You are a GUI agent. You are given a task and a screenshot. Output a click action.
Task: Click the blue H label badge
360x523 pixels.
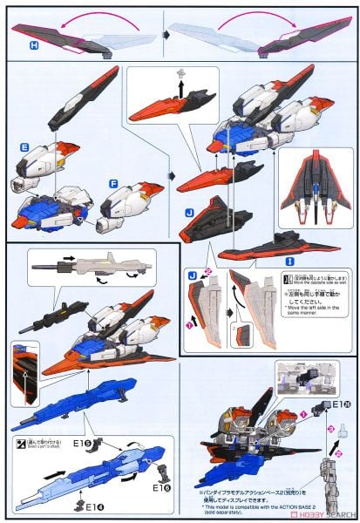pos(34,44)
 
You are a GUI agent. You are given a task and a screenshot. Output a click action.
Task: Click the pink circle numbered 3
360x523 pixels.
pos(330,428)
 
